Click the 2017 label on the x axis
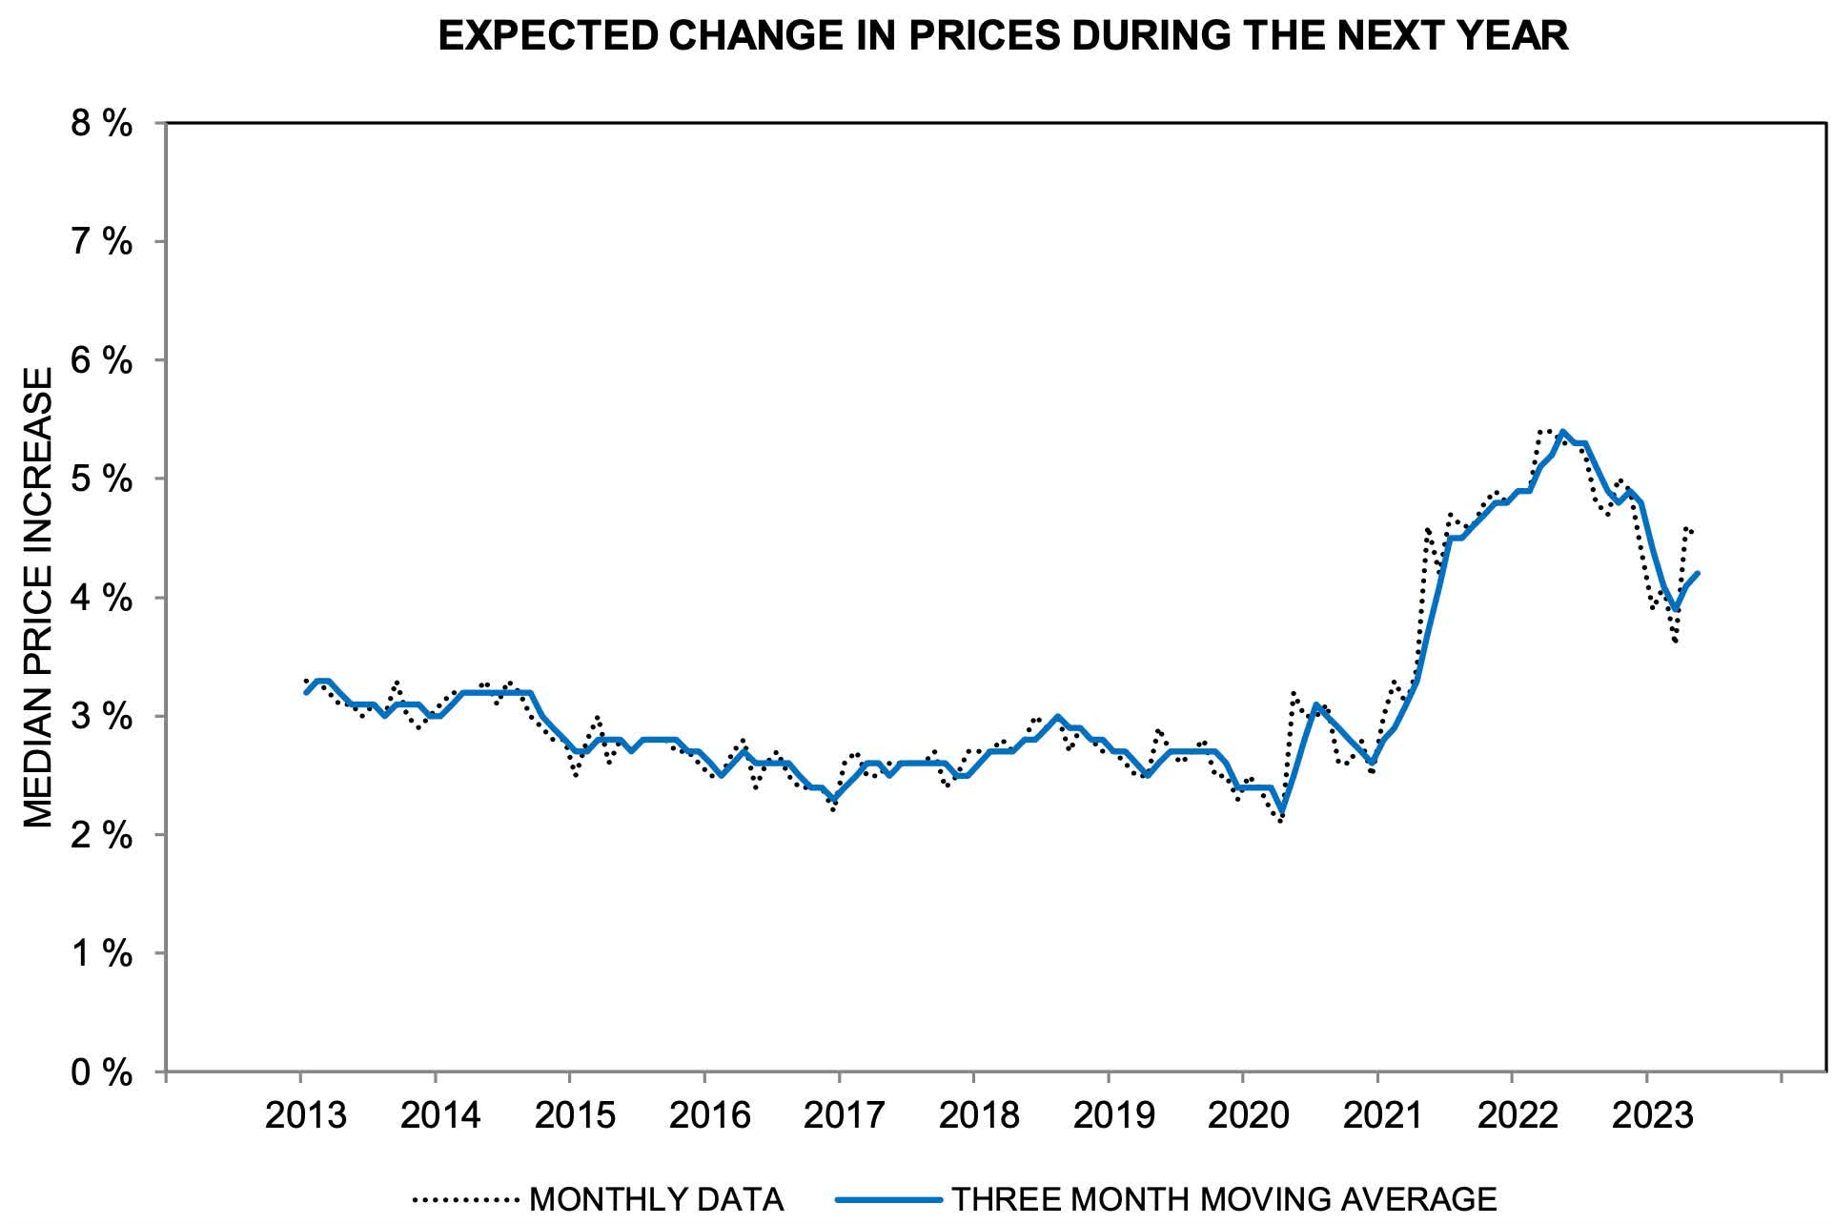844,1114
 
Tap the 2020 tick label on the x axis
1248,1114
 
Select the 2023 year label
1652,1114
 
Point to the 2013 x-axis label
305,1114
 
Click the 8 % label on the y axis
102,123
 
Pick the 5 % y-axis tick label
102,479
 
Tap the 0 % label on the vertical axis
102,1073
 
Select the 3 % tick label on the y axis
102,717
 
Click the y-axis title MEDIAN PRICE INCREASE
38,599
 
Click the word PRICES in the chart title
983,36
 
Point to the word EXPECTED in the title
548,36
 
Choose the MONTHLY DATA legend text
656,1199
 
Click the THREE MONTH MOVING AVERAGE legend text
1224,1199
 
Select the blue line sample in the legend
888,1199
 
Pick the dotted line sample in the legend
465,1199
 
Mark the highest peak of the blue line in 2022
1562,432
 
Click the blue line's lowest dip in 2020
1281,812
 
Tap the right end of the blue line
1699,573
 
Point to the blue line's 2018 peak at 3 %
1057,716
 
